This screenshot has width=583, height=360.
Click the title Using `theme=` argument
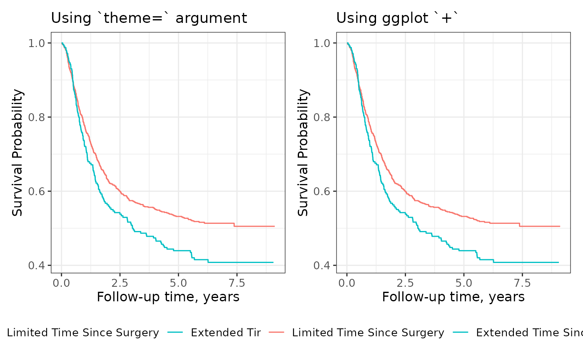(149, 18)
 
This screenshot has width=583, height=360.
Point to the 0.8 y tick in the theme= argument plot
(37, 117)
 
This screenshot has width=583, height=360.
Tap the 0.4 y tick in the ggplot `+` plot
(322, 266)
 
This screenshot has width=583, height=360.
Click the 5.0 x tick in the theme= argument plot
(178, 283)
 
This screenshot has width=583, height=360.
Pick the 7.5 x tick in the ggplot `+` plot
(522, 283)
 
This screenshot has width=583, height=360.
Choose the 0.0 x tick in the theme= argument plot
(62, 283)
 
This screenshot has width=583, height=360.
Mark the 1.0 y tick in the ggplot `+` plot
(322, 43)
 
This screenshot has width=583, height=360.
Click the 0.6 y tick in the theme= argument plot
(37, 191)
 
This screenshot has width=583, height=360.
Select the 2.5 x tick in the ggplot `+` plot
(405, 283)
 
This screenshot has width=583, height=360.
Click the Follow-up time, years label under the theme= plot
(168, 297)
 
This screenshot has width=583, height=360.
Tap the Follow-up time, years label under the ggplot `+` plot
(453, 297)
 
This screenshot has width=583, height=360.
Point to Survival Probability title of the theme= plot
(17, 152)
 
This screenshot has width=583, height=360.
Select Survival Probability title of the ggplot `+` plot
(303, 152)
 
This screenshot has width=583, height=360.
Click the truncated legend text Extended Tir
(225, 333)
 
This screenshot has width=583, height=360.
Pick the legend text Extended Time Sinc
(529, 333)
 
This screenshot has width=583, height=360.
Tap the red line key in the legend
(276, 333)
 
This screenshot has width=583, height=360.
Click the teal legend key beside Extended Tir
(175, 333)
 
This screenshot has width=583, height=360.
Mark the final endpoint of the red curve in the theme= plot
(274, 226)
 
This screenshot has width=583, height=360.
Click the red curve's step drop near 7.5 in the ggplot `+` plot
(520, 225)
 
